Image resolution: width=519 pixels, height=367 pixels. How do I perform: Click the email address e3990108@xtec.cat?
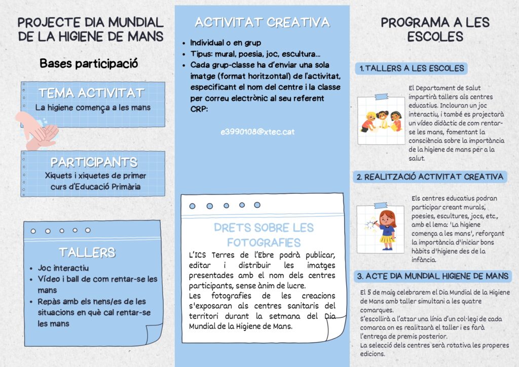point(257,132)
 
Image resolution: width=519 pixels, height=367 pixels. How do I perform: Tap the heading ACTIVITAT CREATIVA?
point(262,22)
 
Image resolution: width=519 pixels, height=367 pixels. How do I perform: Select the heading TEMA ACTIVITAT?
point(92,93)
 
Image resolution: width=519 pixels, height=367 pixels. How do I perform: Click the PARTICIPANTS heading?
point(94,163)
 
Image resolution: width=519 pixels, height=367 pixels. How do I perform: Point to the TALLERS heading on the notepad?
point(87,252)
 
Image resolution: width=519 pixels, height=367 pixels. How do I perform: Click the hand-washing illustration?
point(38,131)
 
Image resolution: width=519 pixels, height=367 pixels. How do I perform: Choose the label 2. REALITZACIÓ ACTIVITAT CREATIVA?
point(430,177)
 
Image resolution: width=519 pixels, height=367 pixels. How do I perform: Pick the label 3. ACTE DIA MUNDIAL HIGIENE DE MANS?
point(433,276)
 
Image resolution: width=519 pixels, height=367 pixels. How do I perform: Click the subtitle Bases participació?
point(89,64)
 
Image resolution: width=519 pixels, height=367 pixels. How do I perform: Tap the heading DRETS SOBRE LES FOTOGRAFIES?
point(264,235)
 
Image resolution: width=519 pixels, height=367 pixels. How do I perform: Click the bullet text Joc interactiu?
point(63,268)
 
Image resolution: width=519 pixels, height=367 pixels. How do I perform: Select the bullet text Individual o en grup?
point(226,43)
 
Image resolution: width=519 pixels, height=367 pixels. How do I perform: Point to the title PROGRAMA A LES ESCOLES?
point(435,29)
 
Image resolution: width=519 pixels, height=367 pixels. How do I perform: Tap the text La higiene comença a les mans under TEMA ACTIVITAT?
point(93,107)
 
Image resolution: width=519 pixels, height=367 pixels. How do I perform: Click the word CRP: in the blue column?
point(199,108)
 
